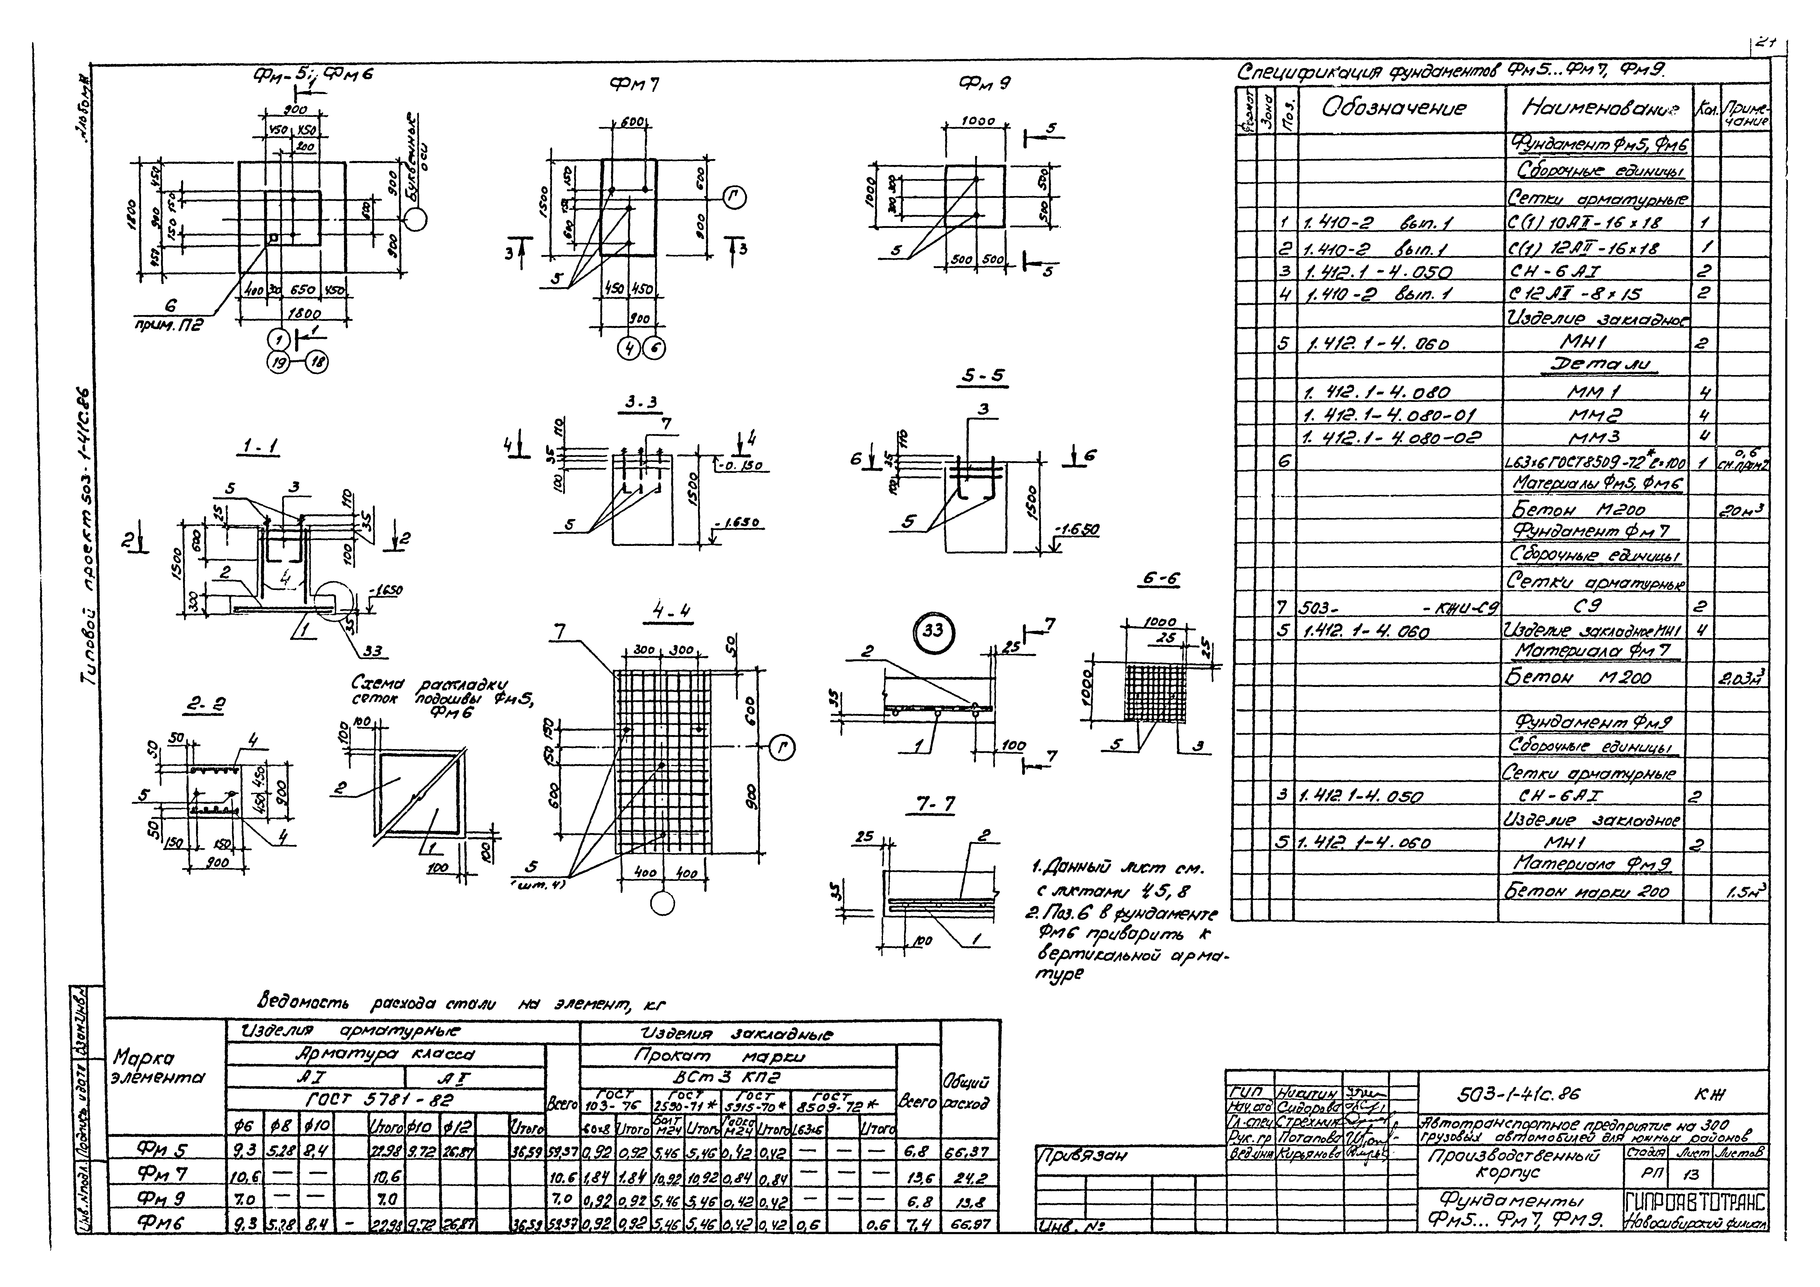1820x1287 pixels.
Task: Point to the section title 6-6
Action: pyautogui.click(x=1160, y=580)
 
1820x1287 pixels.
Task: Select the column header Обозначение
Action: pyautogui.click(x=1393, y=109)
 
